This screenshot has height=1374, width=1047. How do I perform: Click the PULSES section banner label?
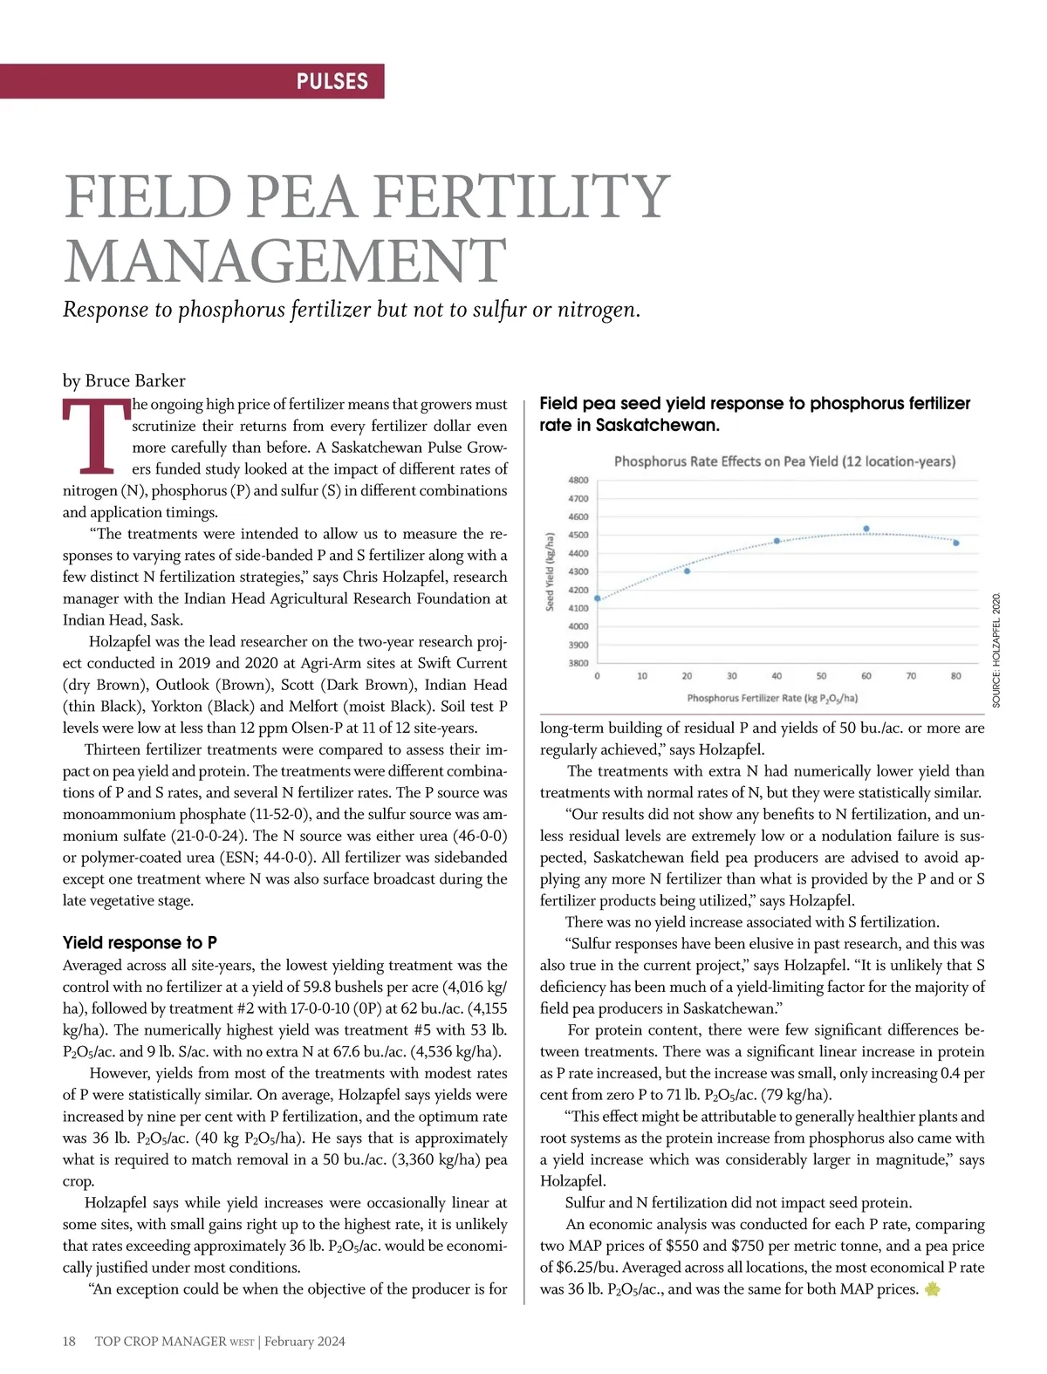pyautogui.click(x=332, y=81)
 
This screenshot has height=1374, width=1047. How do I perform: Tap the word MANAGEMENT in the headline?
pyautogui.click(x=284, y=261)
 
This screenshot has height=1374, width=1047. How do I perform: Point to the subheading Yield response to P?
pyautogui.click(x=140, y=942)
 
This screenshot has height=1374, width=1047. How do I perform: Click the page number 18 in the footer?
pyautogui.click(x=70, y=1341)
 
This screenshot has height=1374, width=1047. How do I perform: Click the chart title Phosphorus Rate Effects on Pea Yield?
pyautogui.click(x=784, y=461)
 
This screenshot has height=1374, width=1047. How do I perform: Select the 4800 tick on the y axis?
pyautogui.click(x=578, y=480)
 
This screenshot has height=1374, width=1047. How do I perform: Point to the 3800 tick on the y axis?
pyautogui.click(x=578, y=663)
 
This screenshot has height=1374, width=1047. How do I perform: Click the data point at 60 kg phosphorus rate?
pyautogui.click(x=866, y=529)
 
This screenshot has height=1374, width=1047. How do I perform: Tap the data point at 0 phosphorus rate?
pyautogui.click(x=598, y=598)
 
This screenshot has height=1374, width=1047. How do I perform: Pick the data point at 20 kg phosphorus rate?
pyautogui.click(x=688, y=571)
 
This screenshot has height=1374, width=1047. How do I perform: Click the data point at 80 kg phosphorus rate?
pyautogui.click(x=956, y=543)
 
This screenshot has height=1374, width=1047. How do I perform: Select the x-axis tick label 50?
pyautogui.click(x=822, y=676)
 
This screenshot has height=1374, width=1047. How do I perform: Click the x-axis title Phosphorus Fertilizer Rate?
pyautogui.click(x=772, y=698)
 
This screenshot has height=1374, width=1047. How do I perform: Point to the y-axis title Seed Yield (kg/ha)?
pyautogui.click(x=551, y=571)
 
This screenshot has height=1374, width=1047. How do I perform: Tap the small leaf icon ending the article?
pyautogui.click(x=932, y=1289)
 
